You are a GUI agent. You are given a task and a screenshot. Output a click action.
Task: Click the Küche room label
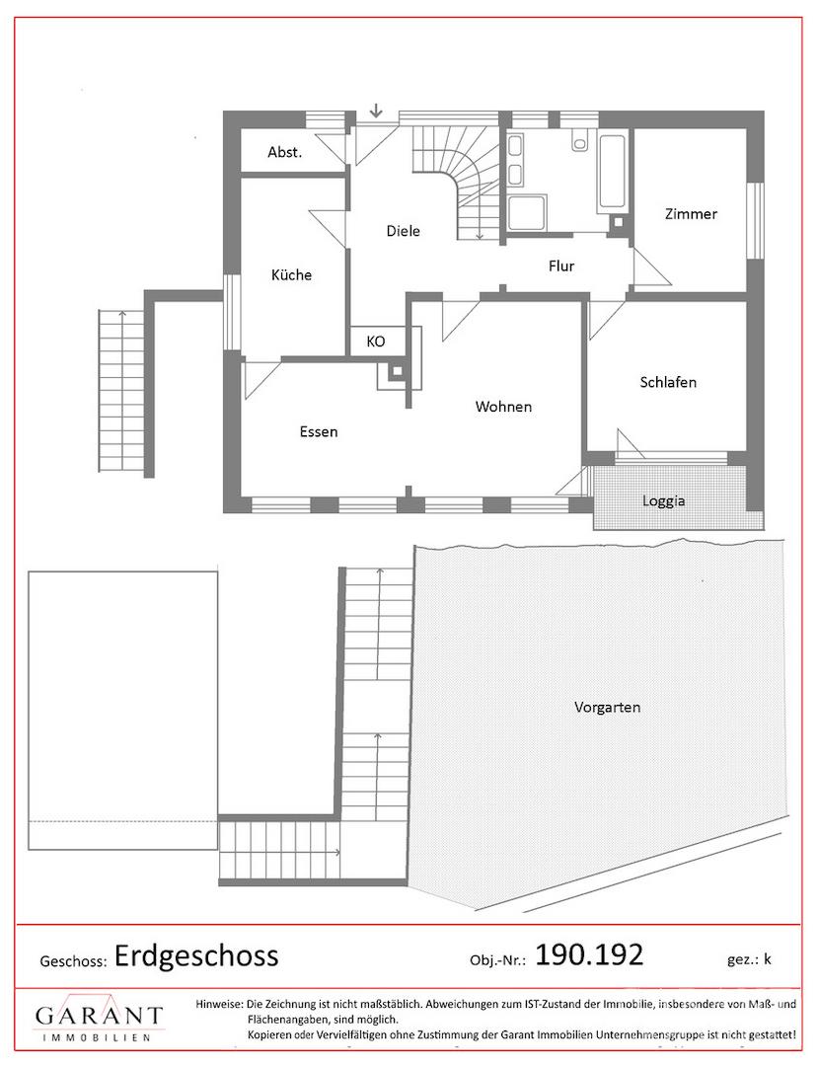(x=291, y=275)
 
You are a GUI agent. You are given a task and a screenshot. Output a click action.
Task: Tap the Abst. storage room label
(x=284, y=152)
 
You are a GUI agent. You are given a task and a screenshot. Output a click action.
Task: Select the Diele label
(x=403, y=231)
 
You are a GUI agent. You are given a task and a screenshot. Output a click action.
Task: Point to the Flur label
(x=561, y=266)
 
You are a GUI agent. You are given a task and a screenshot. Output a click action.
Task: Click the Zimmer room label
(x=691, y=214)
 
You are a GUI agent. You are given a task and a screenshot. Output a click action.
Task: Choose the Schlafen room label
(x=668, y=382)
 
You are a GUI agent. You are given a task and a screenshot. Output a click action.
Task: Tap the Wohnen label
(x=503, y=407)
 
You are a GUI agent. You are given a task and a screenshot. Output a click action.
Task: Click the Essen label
(x=319, y=431)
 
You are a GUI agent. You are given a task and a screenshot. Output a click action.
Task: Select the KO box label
(x=376, y=342)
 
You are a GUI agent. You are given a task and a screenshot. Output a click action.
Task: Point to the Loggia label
(x=664, y=501)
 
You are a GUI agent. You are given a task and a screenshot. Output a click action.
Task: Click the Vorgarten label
(x=608, y=707)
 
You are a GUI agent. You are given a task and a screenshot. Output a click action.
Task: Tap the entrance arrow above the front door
(x=376, y=111)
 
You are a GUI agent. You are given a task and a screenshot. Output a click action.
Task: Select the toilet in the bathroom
(x=579, y=140)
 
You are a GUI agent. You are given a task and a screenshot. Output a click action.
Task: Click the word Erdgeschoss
(x=196, y=955)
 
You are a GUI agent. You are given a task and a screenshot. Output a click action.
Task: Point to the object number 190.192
(x=589, y=955)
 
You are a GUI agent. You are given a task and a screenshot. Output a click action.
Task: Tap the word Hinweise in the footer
(x=219, y=1004)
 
